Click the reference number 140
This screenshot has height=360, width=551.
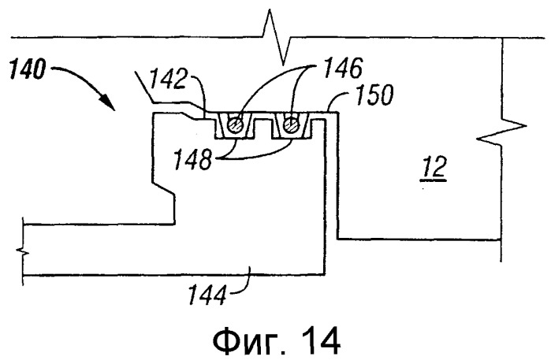click(28, 69)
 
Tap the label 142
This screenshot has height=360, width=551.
click(167, 80)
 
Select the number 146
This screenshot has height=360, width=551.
click(343, 68)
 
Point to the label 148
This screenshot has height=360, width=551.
click(193, 159)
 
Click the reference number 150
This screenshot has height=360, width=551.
click(374, 95)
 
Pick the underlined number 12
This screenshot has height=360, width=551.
click(434, 167)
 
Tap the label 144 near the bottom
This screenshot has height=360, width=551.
click(207, 295)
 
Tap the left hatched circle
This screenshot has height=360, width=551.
click(234, 124)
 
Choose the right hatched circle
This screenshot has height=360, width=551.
click(292, 124)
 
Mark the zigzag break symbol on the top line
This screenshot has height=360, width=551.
click(276, 36)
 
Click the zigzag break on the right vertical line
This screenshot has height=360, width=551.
click(502, 132)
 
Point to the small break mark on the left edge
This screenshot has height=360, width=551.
click(22, 251)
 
